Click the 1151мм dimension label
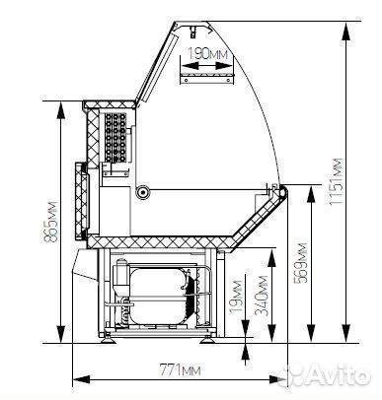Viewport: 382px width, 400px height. click(337, 181)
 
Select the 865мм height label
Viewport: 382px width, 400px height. click(51, 222)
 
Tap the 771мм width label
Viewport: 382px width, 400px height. click(180, 369)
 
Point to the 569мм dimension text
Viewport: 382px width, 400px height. click(300, 263)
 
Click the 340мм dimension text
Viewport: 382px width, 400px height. click(262, 296)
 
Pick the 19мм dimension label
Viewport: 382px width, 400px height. click(236, 297)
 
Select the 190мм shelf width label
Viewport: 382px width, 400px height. click(207, 53)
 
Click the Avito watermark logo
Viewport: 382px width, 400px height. click(328, 375)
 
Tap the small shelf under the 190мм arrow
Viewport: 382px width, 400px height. click(207, 79)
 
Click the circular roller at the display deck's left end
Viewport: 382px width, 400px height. click(143, 191)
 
